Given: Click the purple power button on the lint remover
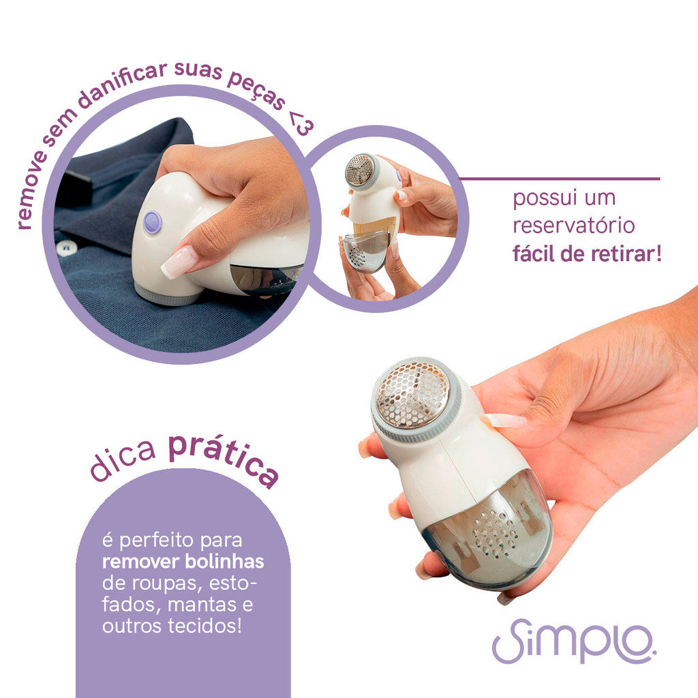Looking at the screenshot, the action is (x=153, y=222).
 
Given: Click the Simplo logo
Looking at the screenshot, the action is (x=574, y=641).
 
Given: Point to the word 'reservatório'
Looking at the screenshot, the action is (x=573, y=225).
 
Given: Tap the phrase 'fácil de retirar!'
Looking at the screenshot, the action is (x=587, y=254).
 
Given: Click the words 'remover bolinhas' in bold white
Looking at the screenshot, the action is (x=183, y=562).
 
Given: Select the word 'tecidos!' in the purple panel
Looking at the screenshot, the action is (x=205, y=626).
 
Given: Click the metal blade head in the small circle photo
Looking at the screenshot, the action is (x=361, y=170).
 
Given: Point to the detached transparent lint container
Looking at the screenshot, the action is (x=365, y=250).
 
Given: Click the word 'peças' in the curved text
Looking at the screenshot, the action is (x=256, y=91).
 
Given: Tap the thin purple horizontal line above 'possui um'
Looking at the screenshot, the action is (x=559, y=179).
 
